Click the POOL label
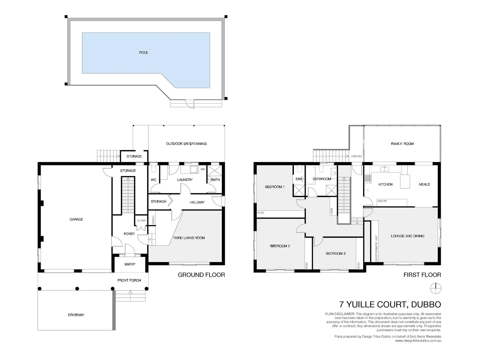pyautogui.click(x=144, y=53)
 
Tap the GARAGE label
pyautogui.click(x=76, y=219)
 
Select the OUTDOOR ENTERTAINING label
pyautogui.click(x=186, y=144)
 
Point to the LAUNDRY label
pyautogui.click(x=185, y=180)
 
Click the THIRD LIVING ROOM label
pyautogui.click(x=189, y=238)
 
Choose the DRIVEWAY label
pyautogui.click(x=76, y=315)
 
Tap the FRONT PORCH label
pyautogui.click(x=129, y=280)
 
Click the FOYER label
pyautogui.click(x=129, y=234)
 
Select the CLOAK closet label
pyautogui.click(x=141, y=221)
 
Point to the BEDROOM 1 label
pyautogui.click(x=275, y=187)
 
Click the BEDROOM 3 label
pyautogui.click(x=335, y=254)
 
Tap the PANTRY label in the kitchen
pyautogui.click(x=382, y=201)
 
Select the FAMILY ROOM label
pyautogui.click(x=402, y=144)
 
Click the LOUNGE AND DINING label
pyautogui.click(x=407, y=236)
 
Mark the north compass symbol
pyautogui.click(x=435, y=288)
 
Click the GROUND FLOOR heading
pyautogui.click(x=201, y=275)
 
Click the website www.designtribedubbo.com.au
pyautogui.click(x=418, y=341)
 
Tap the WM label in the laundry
pyautogui.click(x=203, y=169)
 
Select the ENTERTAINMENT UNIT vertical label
pyautogui.click(x=376, y=248)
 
